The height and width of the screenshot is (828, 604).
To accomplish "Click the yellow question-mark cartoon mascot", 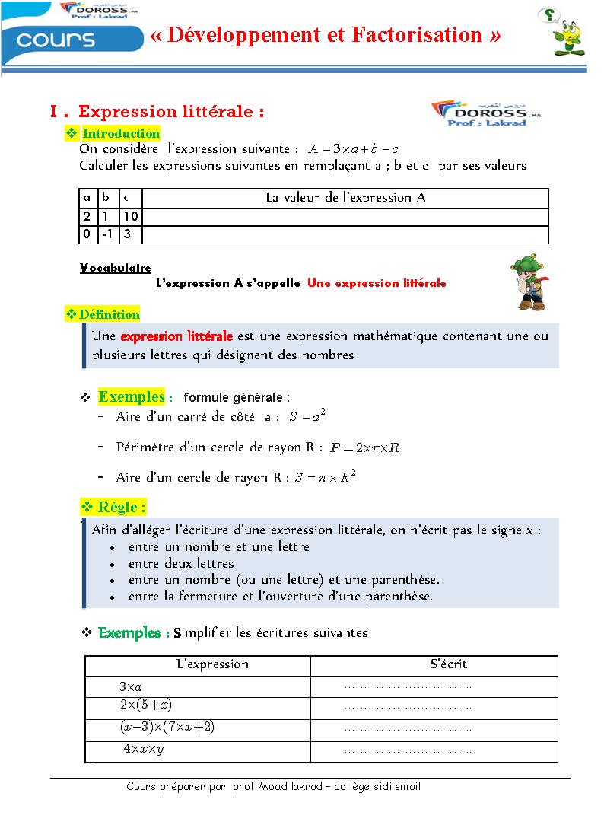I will click(x=567, y=32).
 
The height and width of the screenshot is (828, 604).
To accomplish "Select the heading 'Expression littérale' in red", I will click(x=171, y=112).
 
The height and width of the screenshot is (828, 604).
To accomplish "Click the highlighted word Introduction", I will click(x=121, y=134).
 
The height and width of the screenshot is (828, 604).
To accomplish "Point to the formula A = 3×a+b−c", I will click(x=353, y=149).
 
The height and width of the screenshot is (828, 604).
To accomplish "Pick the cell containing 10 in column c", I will click(x=131, y=217).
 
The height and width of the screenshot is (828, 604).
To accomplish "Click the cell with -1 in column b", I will click(x=108, y=234).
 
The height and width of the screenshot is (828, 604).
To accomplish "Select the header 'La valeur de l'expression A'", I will click(x=345, y=198).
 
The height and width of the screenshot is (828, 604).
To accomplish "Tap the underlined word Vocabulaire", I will click(x=115, y=268).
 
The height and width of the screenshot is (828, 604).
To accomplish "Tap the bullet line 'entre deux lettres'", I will click(x=181, y=563).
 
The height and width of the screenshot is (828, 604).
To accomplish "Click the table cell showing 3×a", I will click(x=130, y=686).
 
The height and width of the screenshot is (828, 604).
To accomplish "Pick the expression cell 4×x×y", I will click(x=144, y=750).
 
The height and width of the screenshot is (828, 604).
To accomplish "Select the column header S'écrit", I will click(x=448, y=664).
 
